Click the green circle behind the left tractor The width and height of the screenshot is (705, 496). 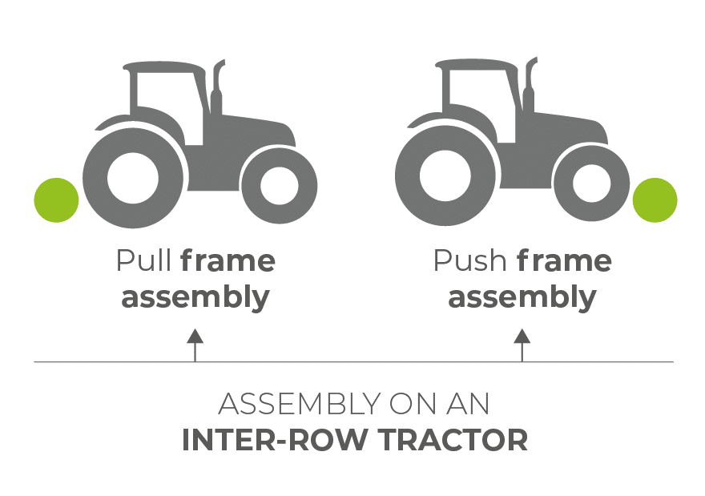point(57,200)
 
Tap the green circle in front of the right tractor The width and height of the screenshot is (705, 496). point(655,200)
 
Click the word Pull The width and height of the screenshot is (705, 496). point(143,260)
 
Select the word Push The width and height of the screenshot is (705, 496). point(469,260)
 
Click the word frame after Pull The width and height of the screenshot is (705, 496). point(228,260)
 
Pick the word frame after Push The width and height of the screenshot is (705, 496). point(564,260)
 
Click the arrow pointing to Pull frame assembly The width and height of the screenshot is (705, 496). point(195,345)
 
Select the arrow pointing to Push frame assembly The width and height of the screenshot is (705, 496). point(522,345)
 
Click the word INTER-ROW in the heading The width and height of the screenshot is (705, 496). point(274,440)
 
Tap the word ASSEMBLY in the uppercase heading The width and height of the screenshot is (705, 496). point(300,403)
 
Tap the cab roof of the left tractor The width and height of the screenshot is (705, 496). point(164,67)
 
